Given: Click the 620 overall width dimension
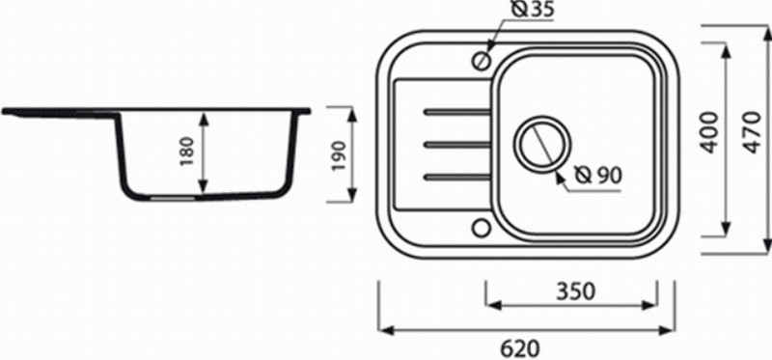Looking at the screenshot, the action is tap(520, 348).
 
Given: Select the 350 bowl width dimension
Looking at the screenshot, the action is tap(575, 291).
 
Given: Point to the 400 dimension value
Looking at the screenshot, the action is tap(709, 132).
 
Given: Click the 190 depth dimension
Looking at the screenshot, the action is tap(340, 155).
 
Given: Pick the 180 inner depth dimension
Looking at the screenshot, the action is tap(187, 151).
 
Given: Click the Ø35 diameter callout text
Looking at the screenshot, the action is tap(533, 11).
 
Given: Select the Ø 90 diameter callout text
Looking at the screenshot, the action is tap(598, 175).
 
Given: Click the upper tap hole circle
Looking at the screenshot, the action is tap(481, 61).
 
